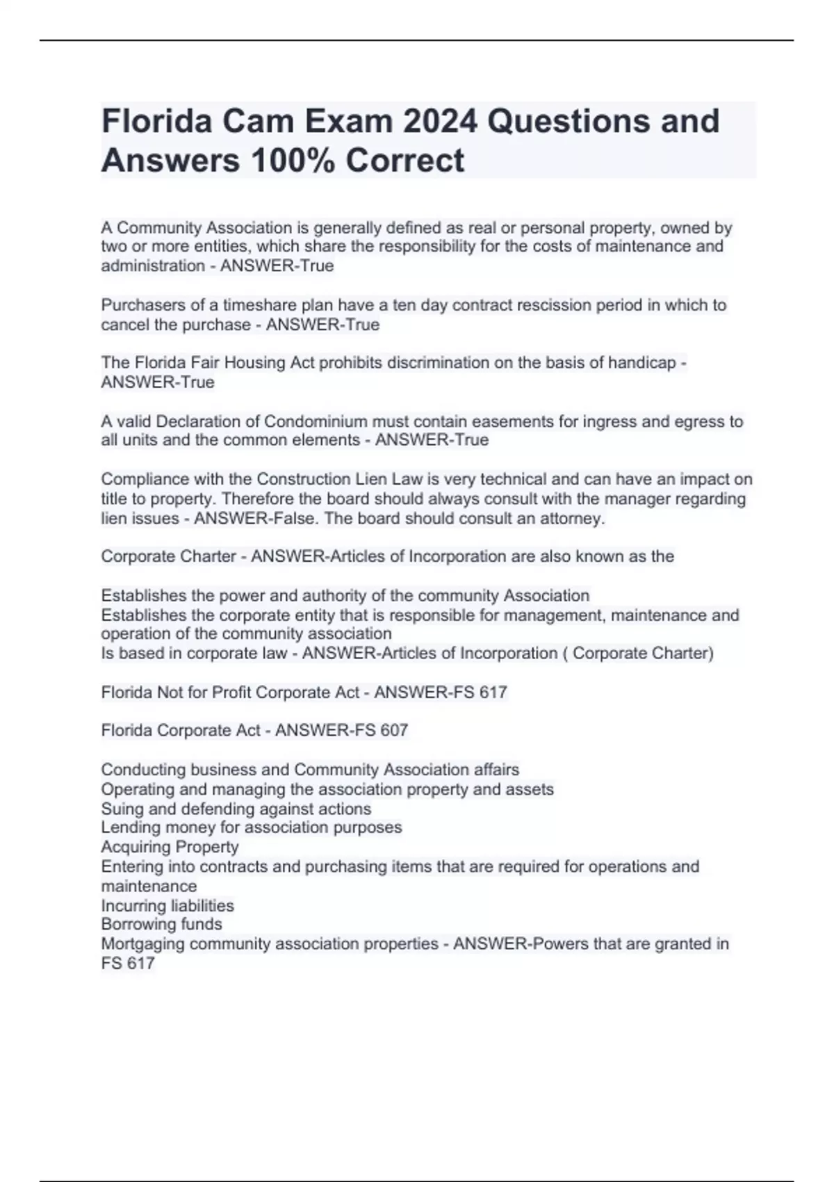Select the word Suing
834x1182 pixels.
122,809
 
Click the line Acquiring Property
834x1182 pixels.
170,847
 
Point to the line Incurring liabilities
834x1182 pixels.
167,906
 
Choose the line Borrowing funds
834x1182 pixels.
161,924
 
